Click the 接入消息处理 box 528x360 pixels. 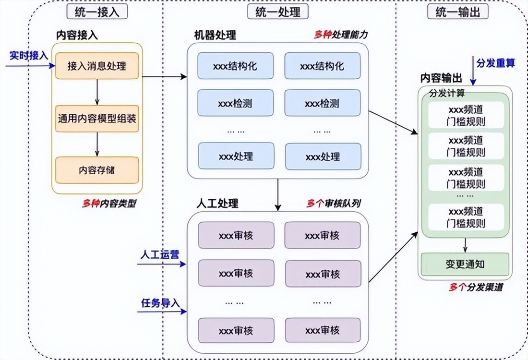click(x=97, y=66)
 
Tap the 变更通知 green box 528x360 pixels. click(x=464, y=264)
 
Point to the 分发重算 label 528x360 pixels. click(x=495, y=63)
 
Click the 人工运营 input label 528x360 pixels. click(x=159, y=254)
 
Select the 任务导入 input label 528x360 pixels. click(x=160, y=303)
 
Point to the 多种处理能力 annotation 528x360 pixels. click(x=340, y=35)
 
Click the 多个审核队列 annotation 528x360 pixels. click(x=334, y=203)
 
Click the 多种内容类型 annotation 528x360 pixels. click(x=109, y=203)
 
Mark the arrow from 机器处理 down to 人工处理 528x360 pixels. click(x=277, y=194)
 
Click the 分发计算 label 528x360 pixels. click(x=447, y=93)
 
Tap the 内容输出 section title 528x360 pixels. click(x=441, y=78)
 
